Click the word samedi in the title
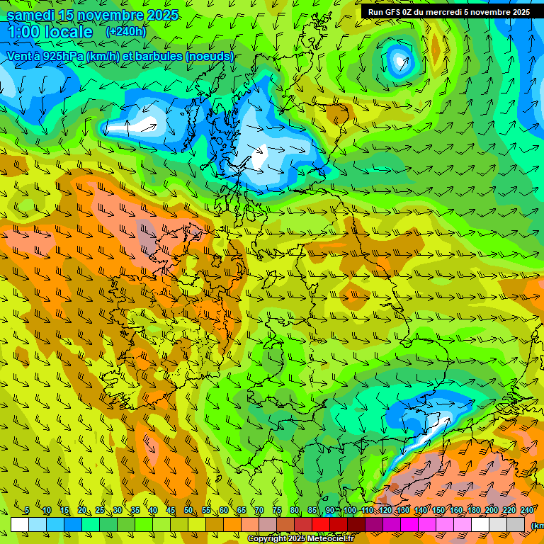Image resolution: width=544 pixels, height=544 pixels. pos(30,15)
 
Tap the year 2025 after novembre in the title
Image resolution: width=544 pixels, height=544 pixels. pos(160,15)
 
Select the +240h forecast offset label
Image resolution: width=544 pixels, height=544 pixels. pos(125,32)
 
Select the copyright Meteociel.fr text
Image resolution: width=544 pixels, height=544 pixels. pos(300,539)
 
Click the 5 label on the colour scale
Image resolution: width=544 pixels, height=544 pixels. pos(26,510)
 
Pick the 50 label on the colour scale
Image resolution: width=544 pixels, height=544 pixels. pos(188,510)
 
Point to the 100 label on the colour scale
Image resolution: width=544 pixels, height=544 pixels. pos(350,510)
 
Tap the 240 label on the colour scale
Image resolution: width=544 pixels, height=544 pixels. pos(526,510)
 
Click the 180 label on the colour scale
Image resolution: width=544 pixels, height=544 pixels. pos(474,510)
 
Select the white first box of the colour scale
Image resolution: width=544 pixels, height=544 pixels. pos(20,524)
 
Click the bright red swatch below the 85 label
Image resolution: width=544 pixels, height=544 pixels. pos(321,524)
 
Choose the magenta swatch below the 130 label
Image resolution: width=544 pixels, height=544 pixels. pos(409,524)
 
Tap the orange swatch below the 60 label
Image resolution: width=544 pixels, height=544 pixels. pos(232,524)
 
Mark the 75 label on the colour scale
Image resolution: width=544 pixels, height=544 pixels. pos(277,510)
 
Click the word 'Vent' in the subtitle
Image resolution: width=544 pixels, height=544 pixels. pos(19,56)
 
